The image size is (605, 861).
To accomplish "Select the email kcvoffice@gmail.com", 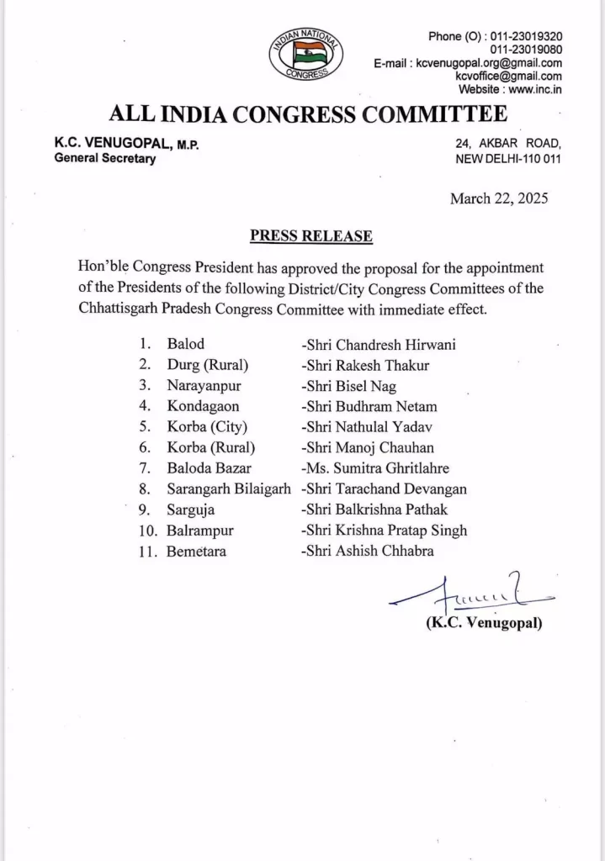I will point(509,76).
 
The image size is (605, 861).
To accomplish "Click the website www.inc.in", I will point(535,89).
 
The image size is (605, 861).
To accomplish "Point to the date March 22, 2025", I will point(499,199).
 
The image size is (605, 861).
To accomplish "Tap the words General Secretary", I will point(105,159).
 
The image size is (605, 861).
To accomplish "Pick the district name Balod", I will point(185,344).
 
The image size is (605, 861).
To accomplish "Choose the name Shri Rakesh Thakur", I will point(358,364).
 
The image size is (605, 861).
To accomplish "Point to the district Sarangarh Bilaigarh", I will point(223,489).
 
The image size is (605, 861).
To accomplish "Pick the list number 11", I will point(146,552).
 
